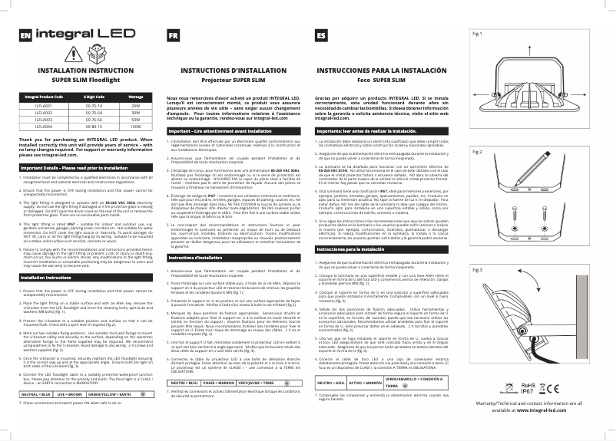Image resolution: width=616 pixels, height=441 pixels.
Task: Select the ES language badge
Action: [320, 35]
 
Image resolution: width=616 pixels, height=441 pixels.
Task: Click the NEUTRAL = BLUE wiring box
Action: [35, 373]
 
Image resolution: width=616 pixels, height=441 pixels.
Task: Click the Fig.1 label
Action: [477, 35]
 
